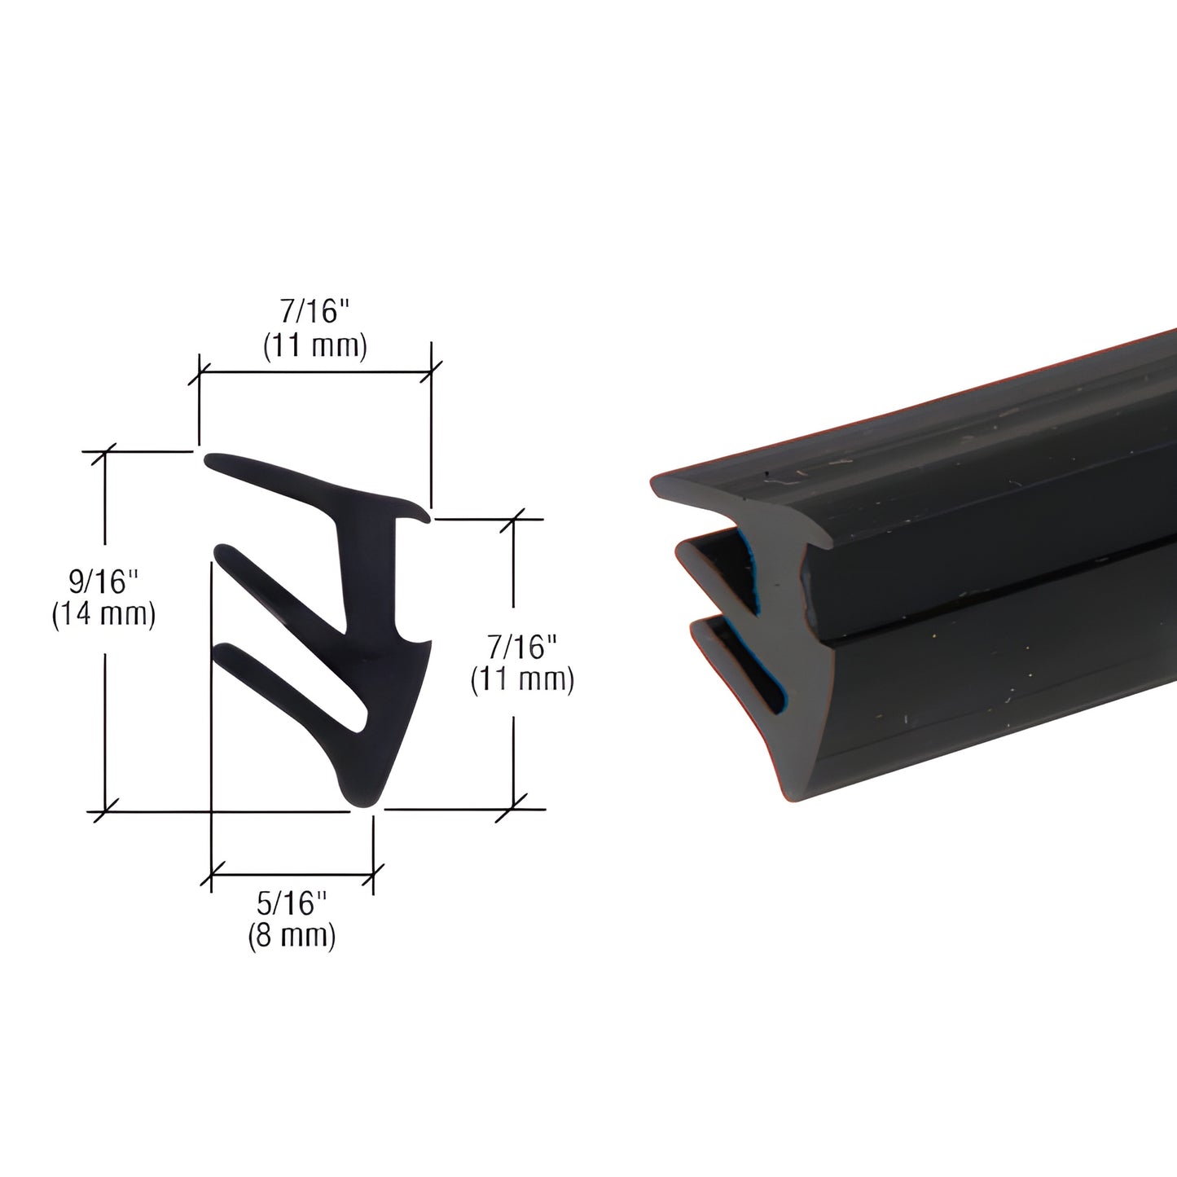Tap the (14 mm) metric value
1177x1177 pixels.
click(103, 614)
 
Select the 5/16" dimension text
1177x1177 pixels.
click(292, 903)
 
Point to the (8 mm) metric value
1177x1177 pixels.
click(292, 935)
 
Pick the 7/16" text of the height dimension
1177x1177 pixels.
click(523, 648)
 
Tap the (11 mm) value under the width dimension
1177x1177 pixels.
click(315, 347)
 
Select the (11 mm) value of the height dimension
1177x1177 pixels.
click(523, 680)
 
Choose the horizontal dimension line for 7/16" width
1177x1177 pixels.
click(315, 373)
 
